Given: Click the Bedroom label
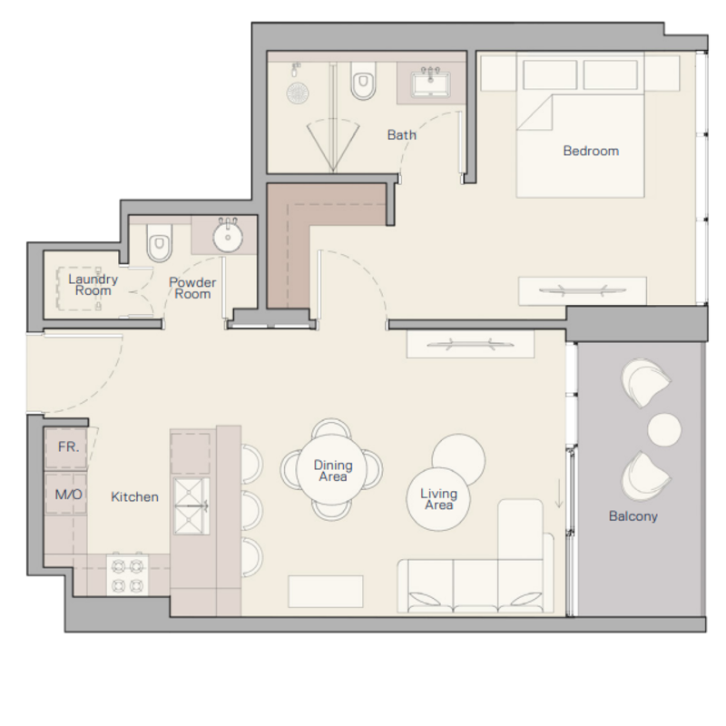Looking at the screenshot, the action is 591,151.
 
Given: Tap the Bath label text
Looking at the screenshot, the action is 401,134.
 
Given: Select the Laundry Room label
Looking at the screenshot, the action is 93,285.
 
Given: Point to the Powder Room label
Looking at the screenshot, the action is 192,288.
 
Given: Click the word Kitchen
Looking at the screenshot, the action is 134,496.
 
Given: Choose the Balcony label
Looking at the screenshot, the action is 633,516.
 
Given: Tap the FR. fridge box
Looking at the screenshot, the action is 65,447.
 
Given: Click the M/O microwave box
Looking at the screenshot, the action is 65,494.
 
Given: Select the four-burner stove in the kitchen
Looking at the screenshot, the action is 127,574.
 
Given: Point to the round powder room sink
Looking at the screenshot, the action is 228,236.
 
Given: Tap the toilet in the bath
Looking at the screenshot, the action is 363,81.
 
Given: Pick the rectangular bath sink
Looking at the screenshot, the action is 430,83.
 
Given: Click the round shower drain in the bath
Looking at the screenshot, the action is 298,93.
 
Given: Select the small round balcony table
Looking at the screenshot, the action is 664,430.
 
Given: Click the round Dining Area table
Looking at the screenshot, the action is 332,469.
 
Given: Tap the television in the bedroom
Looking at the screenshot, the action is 583,290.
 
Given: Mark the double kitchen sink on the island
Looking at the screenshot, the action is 191,506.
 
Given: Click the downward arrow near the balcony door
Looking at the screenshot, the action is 559,494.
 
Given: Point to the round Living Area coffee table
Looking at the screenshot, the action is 438,499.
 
